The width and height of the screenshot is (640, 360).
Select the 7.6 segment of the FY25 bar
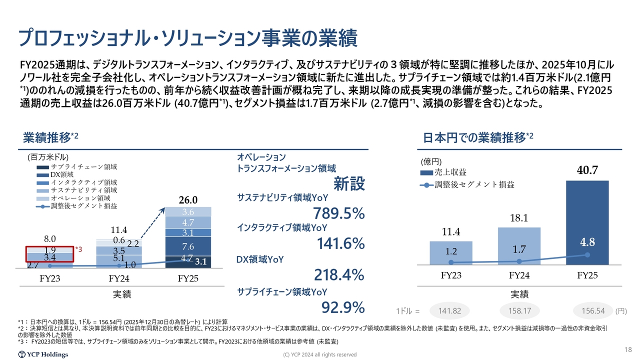(188, 246)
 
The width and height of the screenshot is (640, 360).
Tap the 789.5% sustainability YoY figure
(338, 214)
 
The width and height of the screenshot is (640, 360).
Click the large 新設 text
(349, 184)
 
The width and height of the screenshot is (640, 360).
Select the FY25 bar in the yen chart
(587, 222)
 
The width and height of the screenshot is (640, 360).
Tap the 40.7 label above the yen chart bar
(587, 170)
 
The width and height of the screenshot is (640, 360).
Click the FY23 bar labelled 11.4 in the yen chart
(451, 252)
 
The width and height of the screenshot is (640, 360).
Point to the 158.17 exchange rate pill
(519, 311)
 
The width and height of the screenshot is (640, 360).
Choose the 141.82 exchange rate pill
(449, 311)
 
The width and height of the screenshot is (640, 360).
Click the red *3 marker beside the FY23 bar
(78, 248)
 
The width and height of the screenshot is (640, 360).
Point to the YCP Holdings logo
(43, 354)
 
